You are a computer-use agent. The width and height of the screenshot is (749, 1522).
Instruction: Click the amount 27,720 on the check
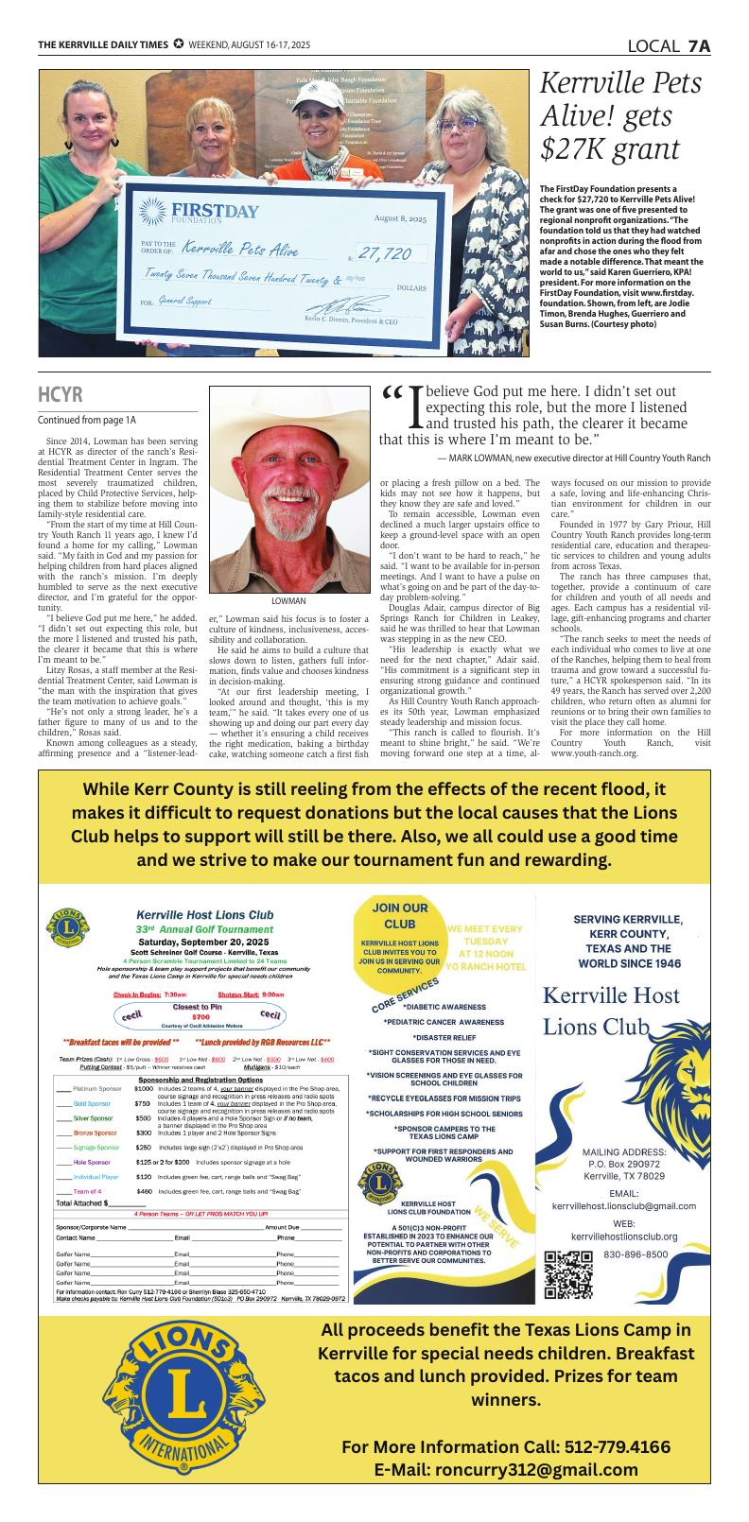pyautogui.click(x=385, y=253)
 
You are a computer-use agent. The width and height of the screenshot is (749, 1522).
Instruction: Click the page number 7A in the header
pyautogui.click(x=699, y=45)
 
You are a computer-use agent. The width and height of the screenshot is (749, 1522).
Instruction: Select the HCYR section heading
pyautogui.click(x=60, y=394)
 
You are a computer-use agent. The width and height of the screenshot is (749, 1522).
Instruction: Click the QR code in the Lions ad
pyautogui.click(x=569, y=1272)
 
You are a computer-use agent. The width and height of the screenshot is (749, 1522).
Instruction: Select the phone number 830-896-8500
pyautogui.click(x=636, y=1254)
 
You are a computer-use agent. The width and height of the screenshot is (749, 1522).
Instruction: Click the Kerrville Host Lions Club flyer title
pyautogui.click(x=204, y=914)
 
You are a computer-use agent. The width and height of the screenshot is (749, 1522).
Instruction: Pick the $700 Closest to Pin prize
pyautogui.click(x=200, y=1017)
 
